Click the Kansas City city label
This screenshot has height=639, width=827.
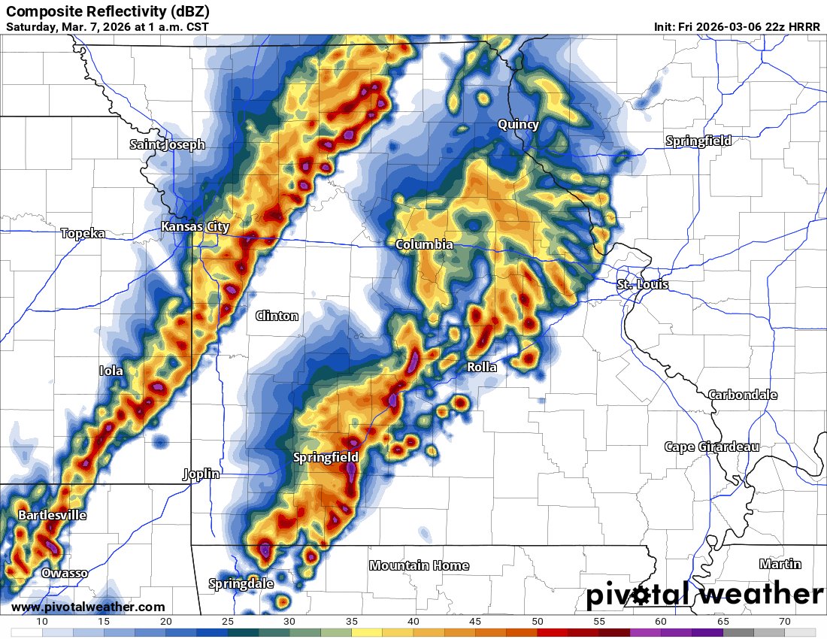[195, 227]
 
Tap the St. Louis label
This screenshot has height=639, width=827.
[642, 285]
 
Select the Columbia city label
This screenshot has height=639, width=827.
[424, 245]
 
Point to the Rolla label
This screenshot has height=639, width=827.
[482, 368]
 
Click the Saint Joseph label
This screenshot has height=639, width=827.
[167, 145]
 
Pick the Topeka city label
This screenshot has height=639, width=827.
[83, 234]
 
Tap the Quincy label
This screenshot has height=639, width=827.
[518, 125]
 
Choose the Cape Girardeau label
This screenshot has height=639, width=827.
[711, 447]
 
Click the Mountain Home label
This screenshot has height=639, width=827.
[419, 565]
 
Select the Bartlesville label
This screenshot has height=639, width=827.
[52, 516]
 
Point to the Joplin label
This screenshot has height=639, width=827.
[201, 474]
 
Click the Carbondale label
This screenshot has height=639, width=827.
[743, 395]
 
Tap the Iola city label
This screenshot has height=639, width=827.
[111, 371]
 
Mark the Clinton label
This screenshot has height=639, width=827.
[277, 316]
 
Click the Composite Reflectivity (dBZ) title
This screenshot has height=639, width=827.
[108, 11]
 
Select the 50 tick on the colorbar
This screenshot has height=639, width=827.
[538, 621]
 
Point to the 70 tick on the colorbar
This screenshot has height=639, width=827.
[785, 621]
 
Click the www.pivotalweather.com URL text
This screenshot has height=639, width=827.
[88, 607]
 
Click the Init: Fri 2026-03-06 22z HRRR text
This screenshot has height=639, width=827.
[737, 26]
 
